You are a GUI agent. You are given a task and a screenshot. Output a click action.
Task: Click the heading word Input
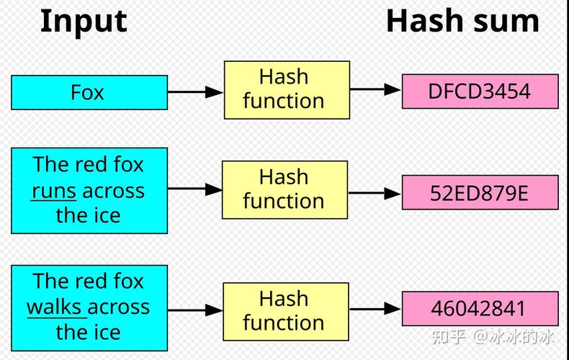[x=84, y=21]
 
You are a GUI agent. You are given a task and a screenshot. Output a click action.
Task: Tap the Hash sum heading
[x=462, y=21]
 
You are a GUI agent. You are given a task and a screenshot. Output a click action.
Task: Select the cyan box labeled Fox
[x=89, y=92]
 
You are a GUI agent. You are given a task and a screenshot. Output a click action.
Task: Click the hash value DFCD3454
[x=480, y=91]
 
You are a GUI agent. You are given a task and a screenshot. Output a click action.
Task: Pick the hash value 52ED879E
[x=480, y=193]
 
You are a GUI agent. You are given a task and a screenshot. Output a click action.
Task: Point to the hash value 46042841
[x=480, y=309]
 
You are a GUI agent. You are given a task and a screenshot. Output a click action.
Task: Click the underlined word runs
[x=54, y=191]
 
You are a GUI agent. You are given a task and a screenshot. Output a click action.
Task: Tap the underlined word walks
[x=55, y=307]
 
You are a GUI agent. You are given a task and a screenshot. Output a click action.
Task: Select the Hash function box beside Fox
[x=286, y=89]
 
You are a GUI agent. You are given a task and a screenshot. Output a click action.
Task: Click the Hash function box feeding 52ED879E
[x=284, y=189]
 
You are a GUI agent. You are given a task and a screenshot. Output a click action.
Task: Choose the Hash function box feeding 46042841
[x=285, y=310]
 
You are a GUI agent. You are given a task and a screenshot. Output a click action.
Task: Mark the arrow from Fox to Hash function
[x=195, y=92]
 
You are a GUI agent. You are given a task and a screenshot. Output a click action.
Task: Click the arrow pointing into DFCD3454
[x=375, y=90]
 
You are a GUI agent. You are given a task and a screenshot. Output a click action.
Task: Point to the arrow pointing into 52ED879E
[x=375, y=194]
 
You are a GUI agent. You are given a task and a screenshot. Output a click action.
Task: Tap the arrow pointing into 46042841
[x=375, y=309]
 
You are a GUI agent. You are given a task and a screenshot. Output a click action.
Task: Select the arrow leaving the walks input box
[x=195, y=310]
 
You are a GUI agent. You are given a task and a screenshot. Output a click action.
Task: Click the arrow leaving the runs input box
[x=194, y=189]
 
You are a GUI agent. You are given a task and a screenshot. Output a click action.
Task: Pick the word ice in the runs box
[x=109, y=215]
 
